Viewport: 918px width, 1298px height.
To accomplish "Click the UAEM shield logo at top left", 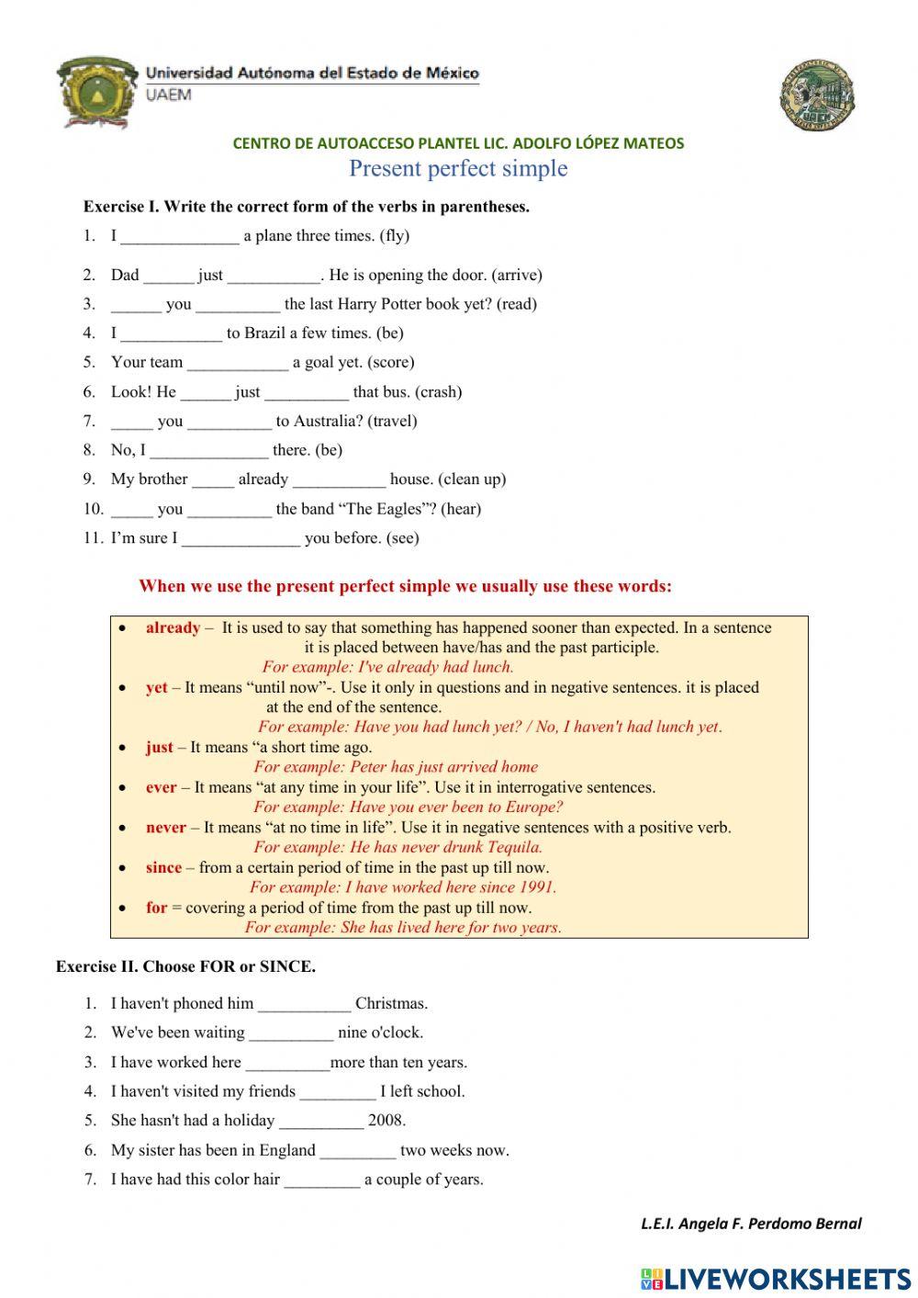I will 95,91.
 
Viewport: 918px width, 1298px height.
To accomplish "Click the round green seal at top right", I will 817,96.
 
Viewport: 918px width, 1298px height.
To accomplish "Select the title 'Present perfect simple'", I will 458,169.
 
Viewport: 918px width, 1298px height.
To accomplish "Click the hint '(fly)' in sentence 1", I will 395,236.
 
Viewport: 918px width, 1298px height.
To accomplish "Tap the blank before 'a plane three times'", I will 179,237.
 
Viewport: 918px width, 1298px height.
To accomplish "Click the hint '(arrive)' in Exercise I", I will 517,276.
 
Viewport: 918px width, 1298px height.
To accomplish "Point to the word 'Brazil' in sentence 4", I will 268,333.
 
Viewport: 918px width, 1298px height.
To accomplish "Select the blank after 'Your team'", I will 238,363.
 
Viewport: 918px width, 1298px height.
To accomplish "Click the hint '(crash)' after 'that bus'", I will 438,392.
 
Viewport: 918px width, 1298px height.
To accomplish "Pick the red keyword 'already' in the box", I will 173,628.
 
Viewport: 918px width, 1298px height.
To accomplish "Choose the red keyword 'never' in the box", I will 165,828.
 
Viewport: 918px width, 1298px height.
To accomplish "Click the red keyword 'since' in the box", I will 163,868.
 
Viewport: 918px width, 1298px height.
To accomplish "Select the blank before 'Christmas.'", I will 304,1004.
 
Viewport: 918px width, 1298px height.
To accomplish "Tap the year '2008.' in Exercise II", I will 386,1121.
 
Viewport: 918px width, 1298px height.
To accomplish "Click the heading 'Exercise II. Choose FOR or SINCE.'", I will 185,966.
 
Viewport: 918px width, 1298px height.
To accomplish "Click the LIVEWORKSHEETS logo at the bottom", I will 776,1279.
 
